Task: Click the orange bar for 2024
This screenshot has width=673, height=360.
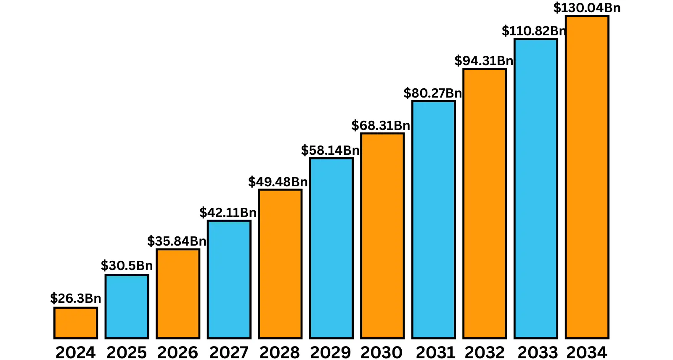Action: [x=76, y=323]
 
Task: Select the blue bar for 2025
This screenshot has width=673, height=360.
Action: [x=127, y=307]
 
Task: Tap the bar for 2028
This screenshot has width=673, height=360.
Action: [x=280, y=264]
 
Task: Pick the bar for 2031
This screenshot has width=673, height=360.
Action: [x=434, y=220]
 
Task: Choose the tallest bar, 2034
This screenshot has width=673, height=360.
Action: [x=587, y=177]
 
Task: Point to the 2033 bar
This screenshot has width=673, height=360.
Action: [x=536, y=189]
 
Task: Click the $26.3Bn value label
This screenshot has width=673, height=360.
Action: [x=76, y=299]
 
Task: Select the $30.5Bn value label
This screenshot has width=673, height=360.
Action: [x=127, y=266]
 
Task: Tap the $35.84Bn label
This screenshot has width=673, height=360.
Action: [x=177, y=241]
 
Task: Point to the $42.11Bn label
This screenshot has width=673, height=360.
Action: [x=228, y=213]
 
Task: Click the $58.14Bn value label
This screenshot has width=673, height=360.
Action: [x=330, y=151]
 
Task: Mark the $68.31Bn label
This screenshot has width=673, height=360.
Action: [x=381, y=126]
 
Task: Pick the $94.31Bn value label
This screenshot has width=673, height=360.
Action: [x=484, y=61]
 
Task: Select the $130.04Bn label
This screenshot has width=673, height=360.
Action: [x=587, y=8]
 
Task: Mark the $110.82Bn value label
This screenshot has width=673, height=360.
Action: [x=534, y=31]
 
